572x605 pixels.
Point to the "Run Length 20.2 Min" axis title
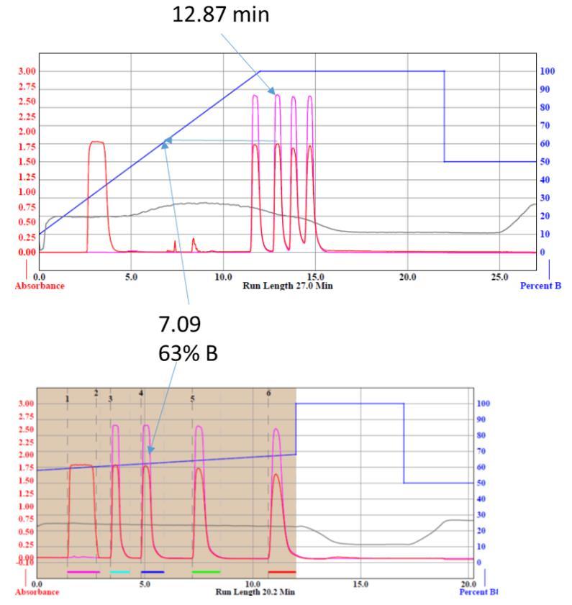(255, 592)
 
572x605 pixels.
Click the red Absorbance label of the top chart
(24, 285)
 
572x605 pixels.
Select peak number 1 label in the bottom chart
(68, 397)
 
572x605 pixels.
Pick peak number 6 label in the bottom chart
(269, 393)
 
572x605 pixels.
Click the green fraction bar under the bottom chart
(206, 572)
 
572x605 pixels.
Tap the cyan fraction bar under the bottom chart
(119, 572)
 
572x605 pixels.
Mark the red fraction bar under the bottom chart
(282, 572)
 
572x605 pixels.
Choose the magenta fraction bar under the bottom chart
(82, 572)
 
